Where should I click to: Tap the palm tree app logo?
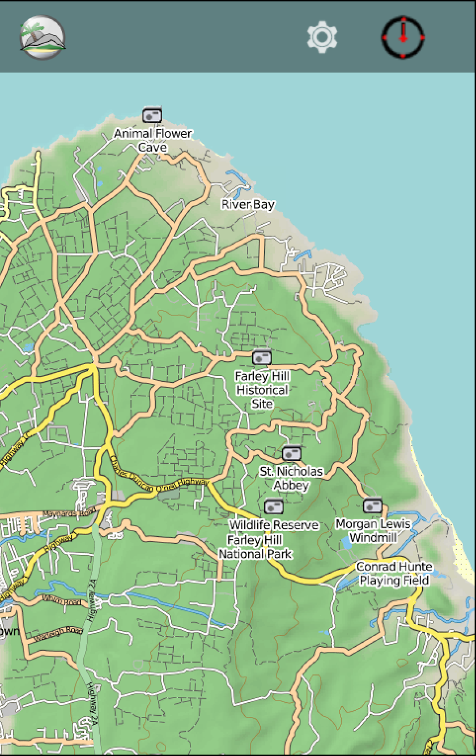pos(42,38)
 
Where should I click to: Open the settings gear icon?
pos(322,38)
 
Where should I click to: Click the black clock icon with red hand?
pos(403,38)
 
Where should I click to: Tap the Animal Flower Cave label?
pos(153,140)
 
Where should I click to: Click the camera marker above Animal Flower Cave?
pos(152,116)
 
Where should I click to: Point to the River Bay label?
pos(248,204)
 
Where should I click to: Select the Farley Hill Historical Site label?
pos(262,390)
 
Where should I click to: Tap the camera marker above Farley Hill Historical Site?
pos(262,358)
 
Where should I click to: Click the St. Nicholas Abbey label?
pos(291,479)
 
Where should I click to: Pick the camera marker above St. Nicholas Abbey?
pos(291,454)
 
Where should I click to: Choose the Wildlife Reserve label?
pos(274,526)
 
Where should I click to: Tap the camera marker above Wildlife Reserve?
pos(274,506)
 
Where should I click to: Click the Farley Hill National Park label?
pos(256,547)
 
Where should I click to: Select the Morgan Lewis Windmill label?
pos(373,531)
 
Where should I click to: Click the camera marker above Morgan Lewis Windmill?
pos(372,505)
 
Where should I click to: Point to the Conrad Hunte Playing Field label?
pos(394,574)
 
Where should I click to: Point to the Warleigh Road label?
pos(58,633)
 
